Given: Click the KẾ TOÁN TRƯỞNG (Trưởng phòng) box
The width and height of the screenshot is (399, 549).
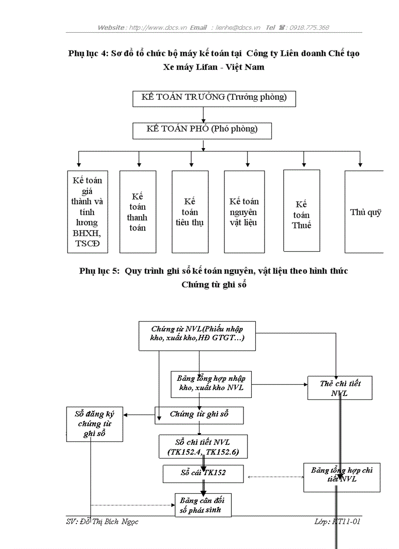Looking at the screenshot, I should (x=214, y=98).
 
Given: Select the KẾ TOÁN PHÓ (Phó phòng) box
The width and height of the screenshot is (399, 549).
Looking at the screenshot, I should (x=202, y=130).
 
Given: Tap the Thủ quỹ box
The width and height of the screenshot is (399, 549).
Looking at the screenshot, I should (x=364, y=212).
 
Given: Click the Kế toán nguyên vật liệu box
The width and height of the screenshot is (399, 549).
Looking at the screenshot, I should (x=244, y=212).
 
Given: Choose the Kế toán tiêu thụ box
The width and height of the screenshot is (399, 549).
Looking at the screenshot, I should (x=190, y=212).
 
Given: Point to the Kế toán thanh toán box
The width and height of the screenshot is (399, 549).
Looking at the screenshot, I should (x=137, y=212).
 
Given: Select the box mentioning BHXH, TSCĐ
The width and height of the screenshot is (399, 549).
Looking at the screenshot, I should (x=88, y=212).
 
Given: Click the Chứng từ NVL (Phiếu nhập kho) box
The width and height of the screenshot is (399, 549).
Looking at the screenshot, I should (x=197, y=335).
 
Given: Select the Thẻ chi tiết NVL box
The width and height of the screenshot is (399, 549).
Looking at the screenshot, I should (x=340, y=388).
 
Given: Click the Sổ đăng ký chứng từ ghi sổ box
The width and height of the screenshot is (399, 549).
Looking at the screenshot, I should (x=94, y=424).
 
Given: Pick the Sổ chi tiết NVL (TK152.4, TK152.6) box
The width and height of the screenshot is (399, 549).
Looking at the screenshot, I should (x=203, y=447).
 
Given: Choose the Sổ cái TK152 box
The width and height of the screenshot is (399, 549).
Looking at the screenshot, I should (x=203, y=473).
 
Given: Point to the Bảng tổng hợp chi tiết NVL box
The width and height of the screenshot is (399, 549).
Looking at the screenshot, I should (x=341, y=477).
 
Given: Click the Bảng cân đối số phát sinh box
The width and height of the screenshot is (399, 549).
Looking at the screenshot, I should (x=203, y=505).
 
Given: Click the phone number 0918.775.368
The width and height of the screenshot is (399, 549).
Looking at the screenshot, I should (x=309, y=27).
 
